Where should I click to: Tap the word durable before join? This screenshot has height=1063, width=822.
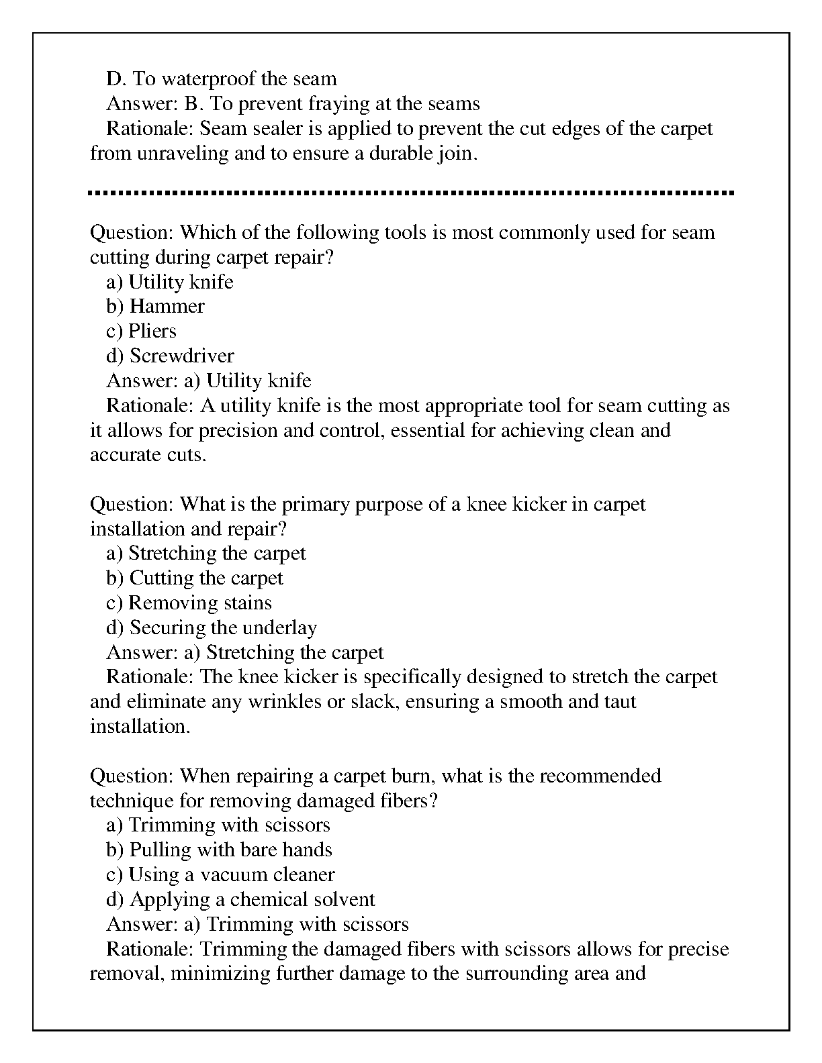400,154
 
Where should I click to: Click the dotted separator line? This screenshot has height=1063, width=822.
411,193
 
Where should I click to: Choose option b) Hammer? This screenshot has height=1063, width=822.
155,307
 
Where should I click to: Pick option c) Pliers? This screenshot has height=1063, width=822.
141,332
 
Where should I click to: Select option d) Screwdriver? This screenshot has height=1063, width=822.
170,356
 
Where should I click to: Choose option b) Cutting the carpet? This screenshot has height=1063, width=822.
194,578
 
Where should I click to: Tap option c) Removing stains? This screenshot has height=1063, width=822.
189,603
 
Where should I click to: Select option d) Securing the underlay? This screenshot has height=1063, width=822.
212,628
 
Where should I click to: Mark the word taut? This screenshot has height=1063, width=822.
619,702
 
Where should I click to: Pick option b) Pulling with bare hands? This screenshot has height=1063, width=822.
219,850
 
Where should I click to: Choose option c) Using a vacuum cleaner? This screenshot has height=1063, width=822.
220,875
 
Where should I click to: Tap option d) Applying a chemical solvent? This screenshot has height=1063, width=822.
240,900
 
